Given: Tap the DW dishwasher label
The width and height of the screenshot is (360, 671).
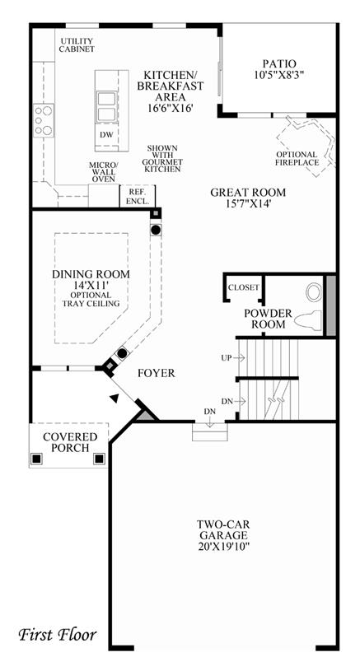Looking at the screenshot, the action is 106,135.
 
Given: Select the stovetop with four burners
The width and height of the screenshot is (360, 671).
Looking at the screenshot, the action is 44,120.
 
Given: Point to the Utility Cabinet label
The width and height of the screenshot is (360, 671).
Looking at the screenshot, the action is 77,45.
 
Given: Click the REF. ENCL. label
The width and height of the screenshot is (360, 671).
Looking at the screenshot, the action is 138,197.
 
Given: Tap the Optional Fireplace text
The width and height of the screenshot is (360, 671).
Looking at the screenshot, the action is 297,158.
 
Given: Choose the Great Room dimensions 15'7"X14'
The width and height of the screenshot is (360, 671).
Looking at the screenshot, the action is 248,204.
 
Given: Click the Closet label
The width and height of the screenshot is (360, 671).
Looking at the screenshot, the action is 244,287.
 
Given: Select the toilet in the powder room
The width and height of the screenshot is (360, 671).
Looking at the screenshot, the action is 308,320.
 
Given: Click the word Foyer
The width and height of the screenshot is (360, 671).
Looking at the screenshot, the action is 157,373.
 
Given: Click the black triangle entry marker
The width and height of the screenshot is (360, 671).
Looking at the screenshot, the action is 114,398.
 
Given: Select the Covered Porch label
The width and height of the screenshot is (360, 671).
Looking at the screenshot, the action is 70,442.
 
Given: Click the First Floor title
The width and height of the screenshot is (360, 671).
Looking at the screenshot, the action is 57,634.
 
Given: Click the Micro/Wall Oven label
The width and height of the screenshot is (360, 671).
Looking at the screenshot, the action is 103,172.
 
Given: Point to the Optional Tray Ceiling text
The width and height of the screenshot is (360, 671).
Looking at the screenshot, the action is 91,299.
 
